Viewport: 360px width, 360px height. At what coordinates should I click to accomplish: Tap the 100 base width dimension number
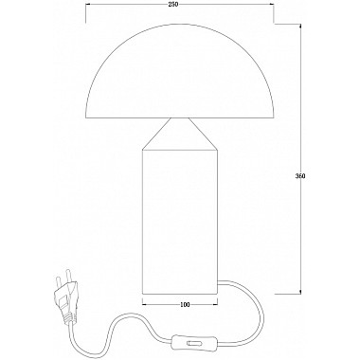click(x=185, y=306)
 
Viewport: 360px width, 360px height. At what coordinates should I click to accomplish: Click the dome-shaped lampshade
click(x=180, y=81)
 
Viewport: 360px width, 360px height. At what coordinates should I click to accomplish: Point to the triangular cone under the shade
click(x=180, y=134)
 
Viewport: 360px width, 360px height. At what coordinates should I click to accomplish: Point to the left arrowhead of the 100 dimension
click(x=146, y=305)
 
